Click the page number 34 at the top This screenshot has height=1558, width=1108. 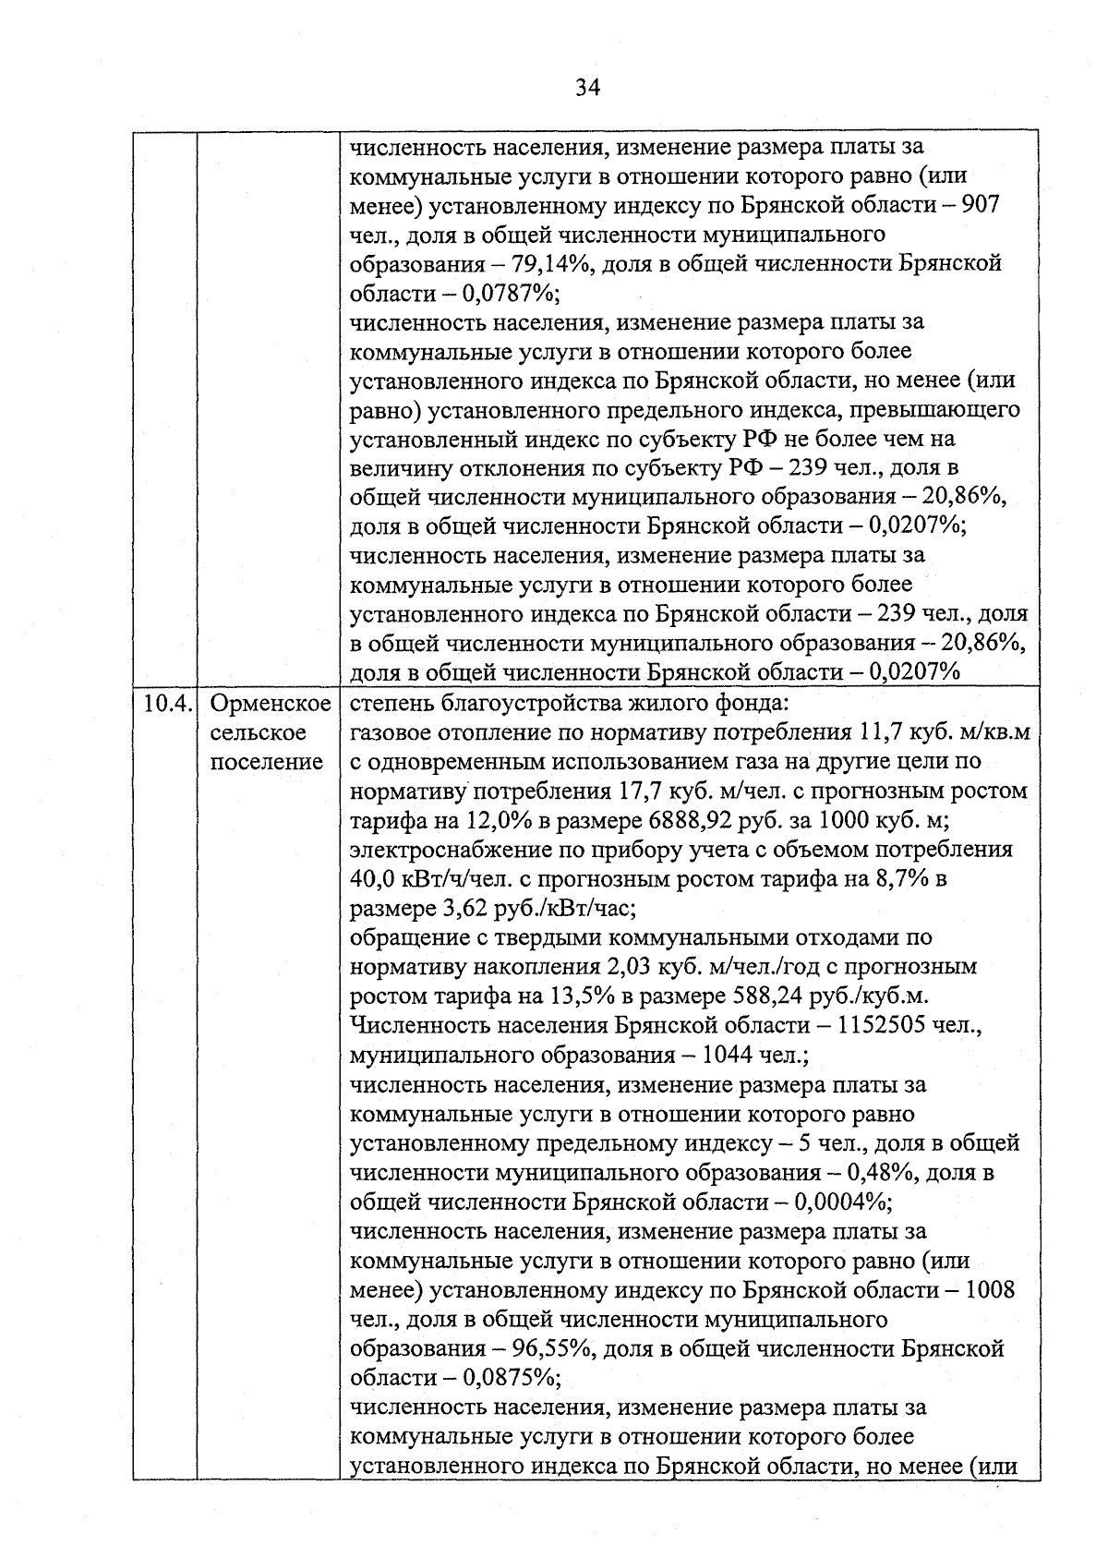[x=587, y=88]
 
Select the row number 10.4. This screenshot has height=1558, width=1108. [x=167, y=704]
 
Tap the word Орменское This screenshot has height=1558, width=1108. [x=271, y=704]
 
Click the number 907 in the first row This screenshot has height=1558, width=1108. [x=981, y=204]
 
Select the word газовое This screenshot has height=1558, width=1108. [x=393, y=733]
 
